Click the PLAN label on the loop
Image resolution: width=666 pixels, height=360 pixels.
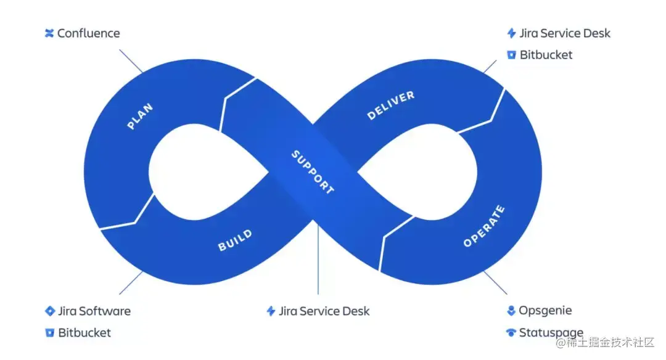[140, 117]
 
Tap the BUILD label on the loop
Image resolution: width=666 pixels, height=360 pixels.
[235, 240]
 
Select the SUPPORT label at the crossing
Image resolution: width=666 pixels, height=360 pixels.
[313, 172]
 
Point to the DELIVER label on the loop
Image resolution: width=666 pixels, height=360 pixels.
[391, 105]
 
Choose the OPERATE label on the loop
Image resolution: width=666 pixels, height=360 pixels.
[484, 226]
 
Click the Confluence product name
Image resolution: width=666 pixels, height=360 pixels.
[88, 33]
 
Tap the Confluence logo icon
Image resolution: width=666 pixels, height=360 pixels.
[50, 33]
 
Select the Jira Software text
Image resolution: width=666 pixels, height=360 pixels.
[94, 311]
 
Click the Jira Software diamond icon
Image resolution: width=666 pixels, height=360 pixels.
[50, 311]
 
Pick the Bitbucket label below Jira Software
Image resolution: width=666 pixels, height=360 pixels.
[84, 333]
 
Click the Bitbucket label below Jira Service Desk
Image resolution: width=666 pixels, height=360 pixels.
[546, 55]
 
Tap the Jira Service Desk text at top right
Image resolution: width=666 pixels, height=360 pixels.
[565, 33]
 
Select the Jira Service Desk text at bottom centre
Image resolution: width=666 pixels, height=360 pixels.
[324, 311]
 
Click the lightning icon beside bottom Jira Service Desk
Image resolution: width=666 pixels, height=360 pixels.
[271, 311]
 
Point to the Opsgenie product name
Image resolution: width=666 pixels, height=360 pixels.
[545, 311]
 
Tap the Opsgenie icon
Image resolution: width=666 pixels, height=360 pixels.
[511, 311]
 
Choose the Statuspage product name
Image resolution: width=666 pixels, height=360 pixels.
[551, 333]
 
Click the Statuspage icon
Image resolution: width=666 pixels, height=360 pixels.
[511, 333]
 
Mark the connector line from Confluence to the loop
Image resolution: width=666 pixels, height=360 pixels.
[131, 62]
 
